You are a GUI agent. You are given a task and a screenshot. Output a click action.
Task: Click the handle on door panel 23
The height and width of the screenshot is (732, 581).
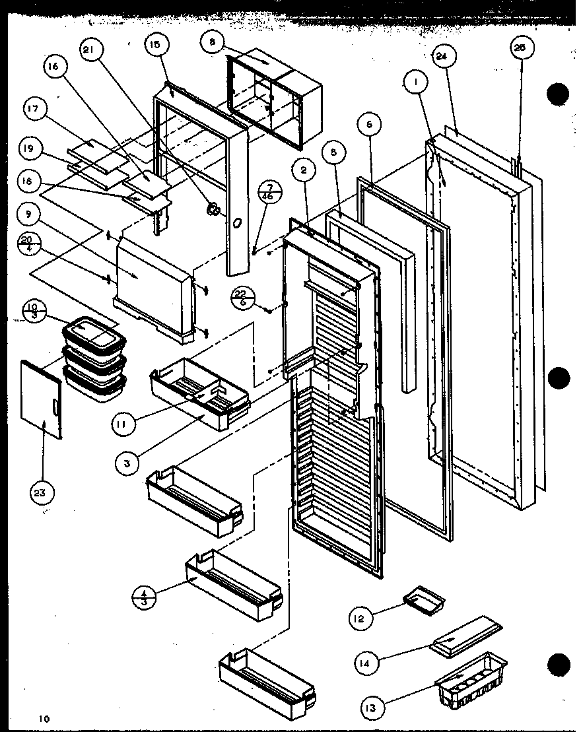[54, 401]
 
